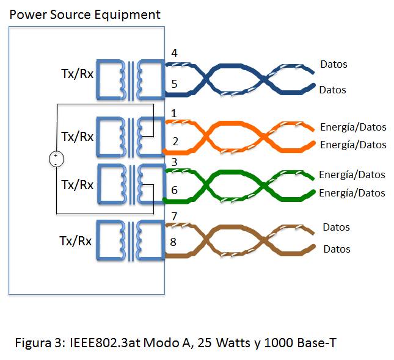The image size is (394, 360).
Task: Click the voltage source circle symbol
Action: click(x=55, y=160)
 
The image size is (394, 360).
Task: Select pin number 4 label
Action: click(x=174, y=53)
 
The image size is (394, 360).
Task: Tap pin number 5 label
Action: click(x=174, y=84)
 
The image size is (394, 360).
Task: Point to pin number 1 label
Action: click(x=174, y=113)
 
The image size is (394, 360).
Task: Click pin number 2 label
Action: click(x=175, y=142)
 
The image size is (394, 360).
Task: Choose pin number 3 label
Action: click(x=174, y=162)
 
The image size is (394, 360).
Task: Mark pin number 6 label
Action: click(x=175, y=190)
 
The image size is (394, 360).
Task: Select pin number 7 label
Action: click(x=174, y=217)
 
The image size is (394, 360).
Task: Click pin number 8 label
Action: click(x=175, y=242)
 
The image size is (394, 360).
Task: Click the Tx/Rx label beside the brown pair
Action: click(x=76, y=240)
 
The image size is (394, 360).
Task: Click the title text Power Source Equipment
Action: click(x=85, y=14)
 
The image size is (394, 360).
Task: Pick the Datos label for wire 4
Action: click(x=334, y=64)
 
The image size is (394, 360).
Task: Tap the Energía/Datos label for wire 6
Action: click(x=352, y=193)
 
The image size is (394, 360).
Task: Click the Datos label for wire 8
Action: click(x=337, y=249)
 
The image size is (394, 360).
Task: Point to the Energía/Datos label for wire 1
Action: click(x=353, y=127)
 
